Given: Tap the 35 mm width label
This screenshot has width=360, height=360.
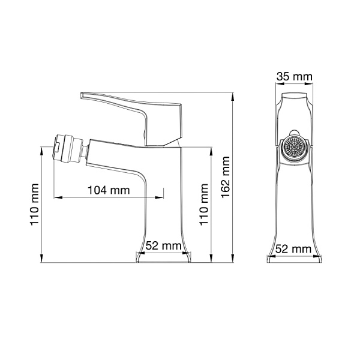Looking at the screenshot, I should tap(294, 76).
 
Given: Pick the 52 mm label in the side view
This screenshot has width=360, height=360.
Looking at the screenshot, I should tap(164, 245).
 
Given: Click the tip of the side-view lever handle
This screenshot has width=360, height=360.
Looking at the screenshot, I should tap(85, 94).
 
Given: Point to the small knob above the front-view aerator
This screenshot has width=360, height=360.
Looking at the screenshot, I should tap(295, 133).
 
